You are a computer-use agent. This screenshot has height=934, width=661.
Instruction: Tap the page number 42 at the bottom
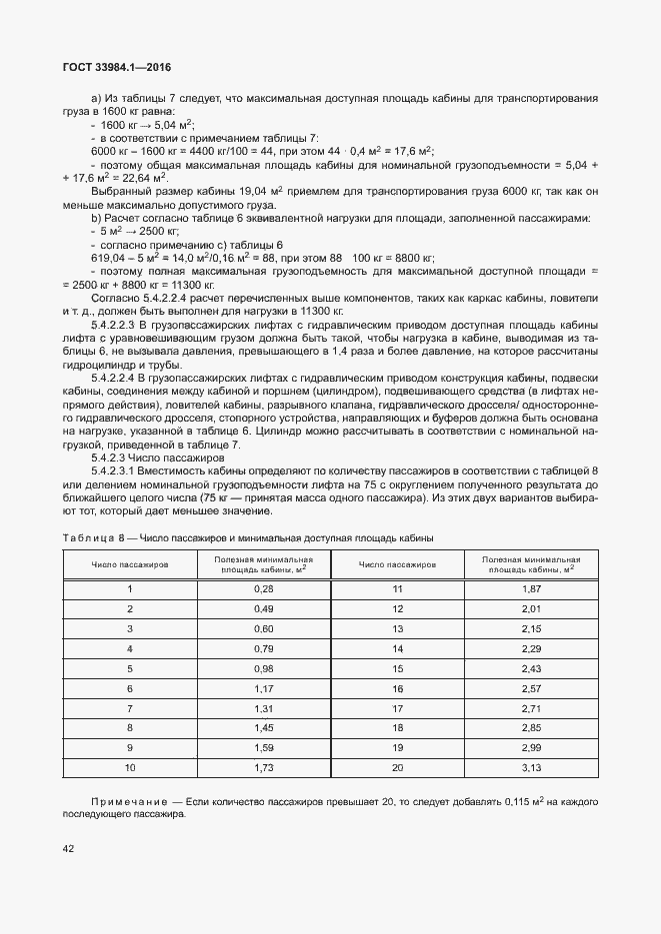(69, 848)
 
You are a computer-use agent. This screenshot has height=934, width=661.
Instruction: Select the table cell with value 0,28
(263, 589)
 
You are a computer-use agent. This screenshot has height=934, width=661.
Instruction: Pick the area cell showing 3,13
(531, 768)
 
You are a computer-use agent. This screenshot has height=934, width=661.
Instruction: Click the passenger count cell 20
(397, 768)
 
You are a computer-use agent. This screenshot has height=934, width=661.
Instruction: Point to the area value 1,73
(263, 768)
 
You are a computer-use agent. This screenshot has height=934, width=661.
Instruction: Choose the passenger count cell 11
(397, 589)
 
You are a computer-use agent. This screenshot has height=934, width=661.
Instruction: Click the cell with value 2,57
(531, 689)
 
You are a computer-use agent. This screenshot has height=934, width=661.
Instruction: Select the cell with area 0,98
(263, 669)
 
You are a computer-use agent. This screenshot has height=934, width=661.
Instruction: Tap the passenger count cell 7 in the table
(130, 709)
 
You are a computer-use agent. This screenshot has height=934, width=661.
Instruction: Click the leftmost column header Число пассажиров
(130, 564)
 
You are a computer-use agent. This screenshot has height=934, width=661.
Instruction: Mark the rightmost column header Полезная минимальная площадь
(531, 564)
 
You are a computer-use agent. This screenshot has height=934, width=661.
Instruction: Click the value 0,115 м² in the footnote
(520, 802)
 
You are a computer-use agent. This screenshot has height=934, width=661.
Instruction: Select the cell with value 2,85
(531, 729)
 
